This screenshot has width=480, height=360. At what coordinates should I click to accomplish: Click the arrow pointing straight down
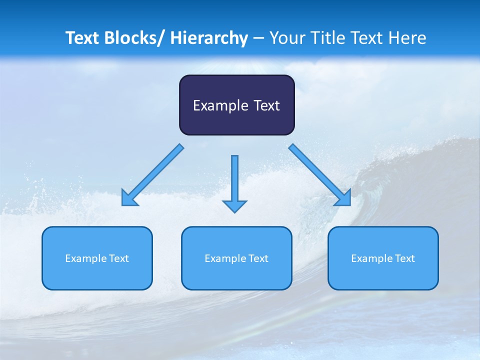[x=234, y=182]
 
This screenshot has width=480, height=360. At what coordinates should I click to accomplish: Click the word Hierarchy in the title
[x=209, y=38]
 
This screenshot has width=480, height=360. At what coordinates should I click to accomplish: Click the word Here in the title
[x=407, y=38]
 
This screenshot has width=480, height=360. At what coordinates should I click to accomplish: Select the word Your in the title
[x=286, y=38]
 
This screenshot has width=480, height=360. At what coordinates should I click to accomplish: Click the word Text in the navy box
[x=265, y=105]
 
